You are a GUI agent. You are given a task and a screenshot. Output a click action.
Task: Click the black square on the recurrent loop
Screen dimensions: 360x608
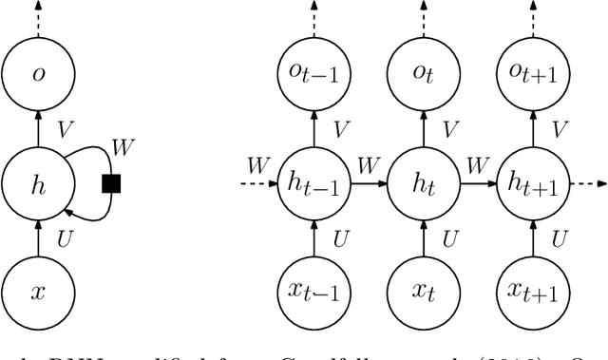tap(111, 184)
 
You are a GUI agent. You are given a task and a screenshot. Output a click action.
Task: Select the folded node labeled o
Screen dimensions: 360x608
tap(38, 74)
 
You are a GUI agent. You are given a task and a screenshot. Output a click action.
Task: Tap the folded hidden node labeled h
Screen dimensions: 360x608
tap(38, 184)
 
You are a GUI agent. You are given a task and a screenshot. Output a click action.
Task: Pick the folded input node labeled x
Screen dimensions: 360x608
tap(38, 292)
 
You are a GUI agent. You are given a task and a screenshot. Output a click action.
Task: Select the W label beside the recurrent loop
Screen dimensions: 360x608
tap(123, 147)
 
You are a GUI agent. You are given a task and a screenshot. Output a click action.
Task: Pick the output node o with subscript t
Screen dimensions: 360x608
tap(418, 74)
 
